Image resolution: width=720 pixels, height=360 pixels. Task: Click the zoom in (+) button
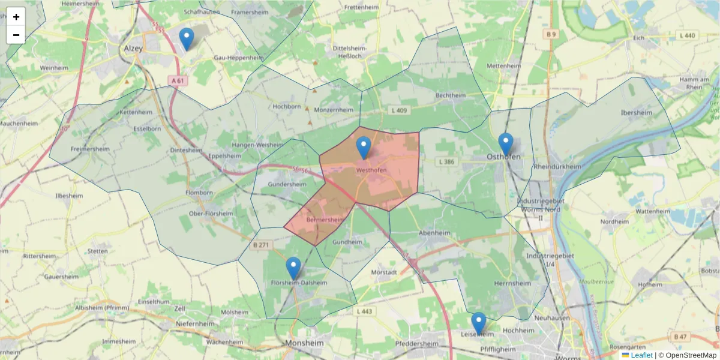[16, 17]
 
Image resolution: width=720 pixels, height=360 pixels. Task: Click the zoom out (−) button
[16, 35]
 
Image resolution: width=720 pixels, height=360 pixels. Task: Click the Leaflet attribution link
[641, 355]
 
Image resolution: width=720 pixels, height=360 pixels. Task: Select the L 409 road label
[398, 110]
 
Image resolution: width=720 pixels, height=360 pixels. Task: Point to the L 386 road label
[447, 162]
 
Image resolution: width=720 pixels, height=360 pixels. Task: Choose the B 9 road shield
[551, 34]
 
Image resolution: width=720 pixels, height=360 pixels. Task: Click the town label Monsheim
[305, 343]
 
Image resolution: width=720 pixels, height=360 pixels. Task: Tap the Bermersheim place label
[325, 220]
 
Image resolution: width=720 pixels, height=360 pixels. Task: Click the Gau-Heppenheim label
[239, 58]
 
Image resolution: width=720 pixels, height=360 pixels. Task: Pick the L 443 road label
[364, 311]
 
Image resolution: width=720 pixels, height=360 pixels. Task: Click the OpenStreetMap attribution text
[690, 355]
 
